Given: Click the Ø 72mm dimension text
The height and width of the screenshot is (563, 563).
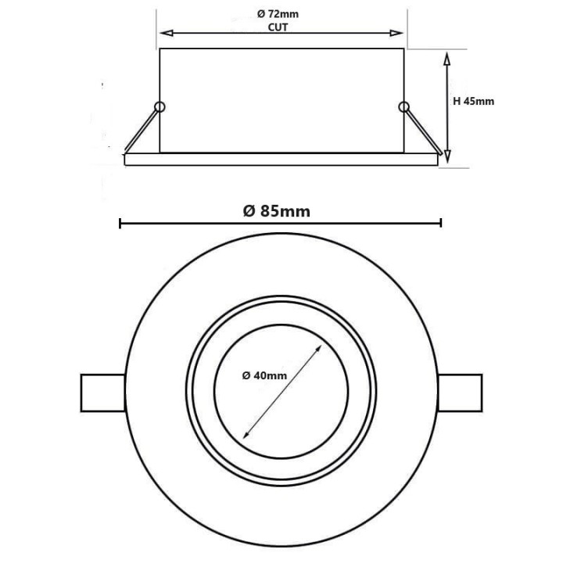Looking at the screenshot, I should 281,14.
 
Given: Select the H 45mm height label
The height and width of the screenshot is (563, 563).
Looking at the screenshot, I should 474,101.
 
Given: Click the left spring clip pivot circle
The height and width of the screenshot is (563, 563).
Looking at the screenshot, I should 160,107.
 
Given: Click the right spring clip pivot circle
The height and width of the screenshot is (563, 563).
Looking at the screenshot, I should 403,107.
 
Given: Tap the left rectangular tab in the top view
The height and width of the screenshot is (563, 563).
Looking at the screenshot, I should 102,393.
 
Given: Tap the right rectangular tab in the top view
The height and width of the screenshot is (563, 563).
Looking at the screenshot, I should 461,393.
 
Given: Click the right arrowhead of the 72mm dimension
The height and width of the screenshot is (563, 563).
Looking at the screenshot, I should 397,34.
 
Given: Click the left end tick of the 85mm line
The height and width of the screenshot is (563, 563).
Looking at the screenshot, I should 120,224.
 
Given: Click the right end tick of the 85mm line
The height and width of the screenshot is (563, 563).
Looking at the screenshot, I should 442,224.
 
